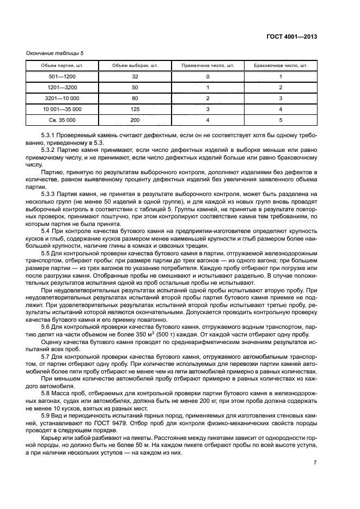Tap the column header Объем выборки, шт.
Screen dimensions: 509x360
click(x=135, y=66)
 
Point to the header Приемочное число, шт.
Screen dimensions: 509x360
click(x=208, y=66)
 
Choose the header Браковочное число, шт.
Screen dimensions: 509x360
click(x=280, y=66)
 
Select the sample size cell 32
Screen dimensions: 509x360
click(x=135, y=77)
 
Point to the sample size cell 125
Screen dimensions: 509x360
click(x=135, y=109)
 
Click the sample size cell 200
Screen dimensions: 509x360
click(x=135, y=120)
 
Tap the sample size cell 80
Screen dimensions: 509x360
click(x=135, y=98)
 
